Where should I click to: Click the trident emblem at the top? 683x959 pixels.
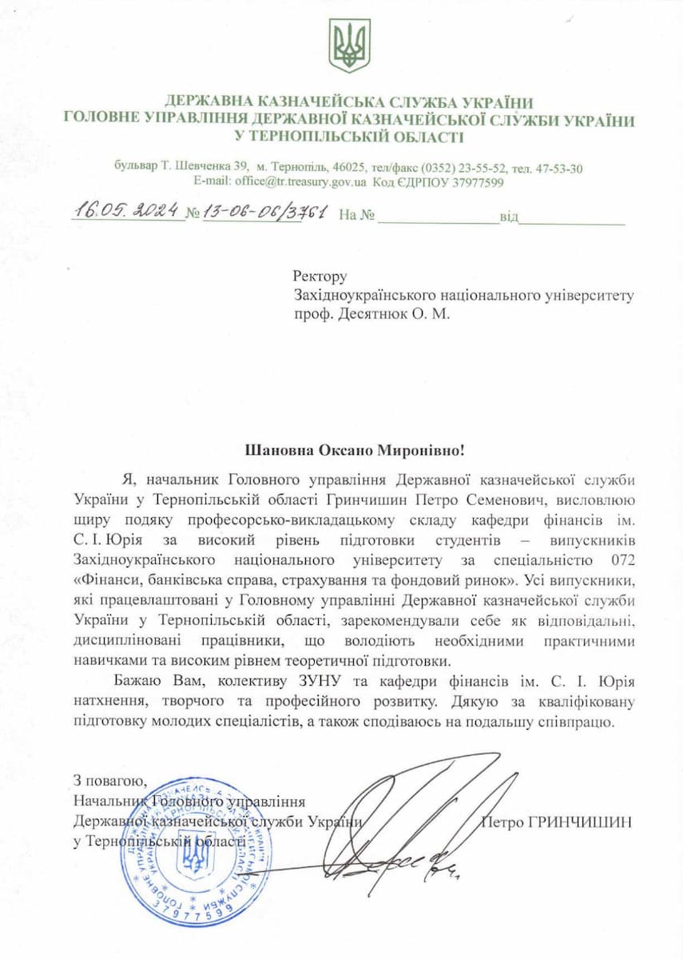pos(350,46)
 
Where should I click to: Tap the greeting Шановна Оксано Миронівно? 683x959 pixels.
pos(354,451)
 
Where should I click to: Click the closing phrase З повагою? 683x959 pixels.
pos(109,781)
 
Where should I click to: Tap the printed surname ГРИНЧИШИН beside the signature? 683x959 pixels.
pos(580,822)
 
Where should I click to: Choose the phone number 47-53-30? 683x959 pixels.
pos(558,168)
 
